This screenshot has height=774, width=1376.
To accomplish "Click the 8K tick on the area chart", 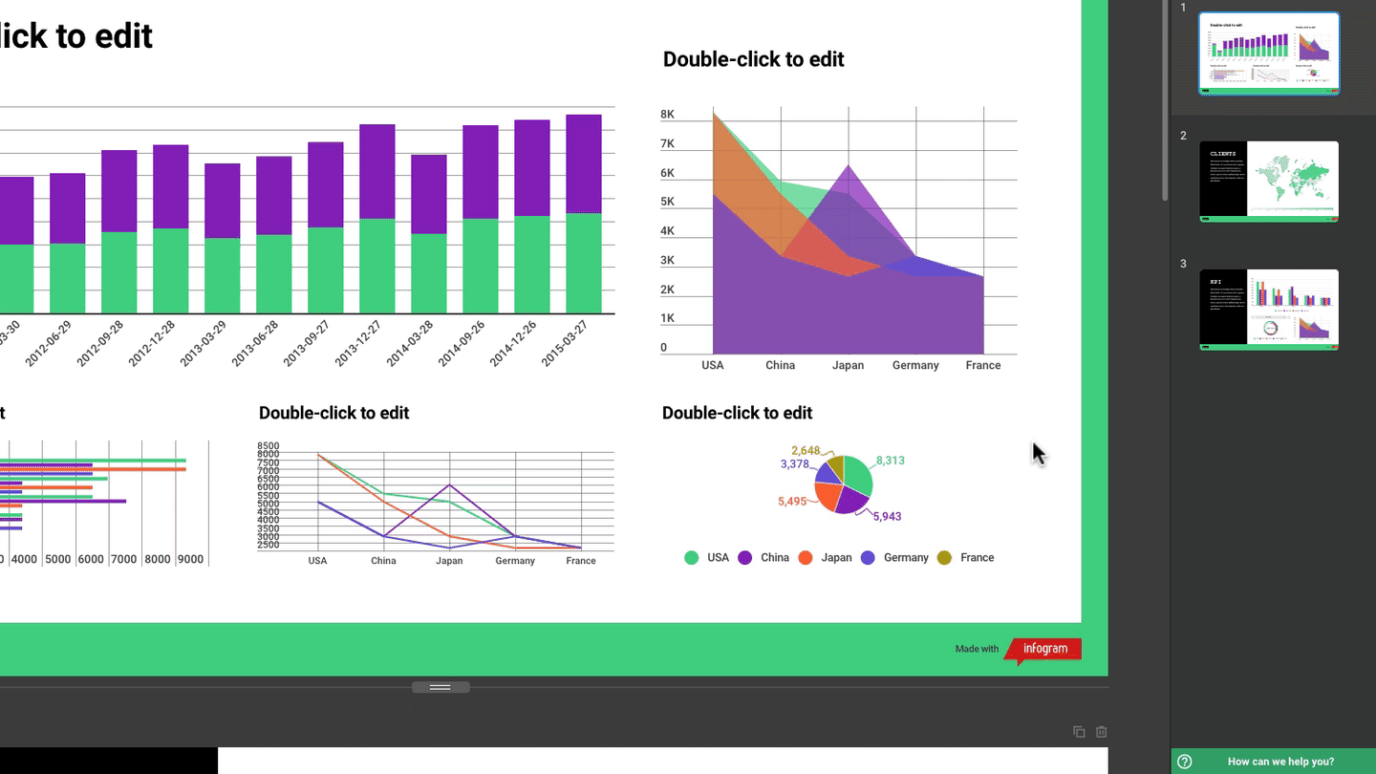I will tap(667, 115).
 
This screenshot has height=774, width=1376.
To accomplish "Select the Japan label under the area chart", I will tap(848, 365).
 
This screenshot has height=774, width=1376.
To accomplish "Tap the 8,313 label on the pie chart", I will tap(890, 461).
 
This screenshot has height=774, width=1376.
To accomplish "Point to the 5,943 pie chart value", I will tap(887, 517).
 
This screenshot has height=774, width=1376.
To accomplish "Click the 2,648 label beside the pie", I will tap(806, 451).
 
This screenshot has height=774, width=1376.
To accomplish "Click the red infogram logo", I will tap(1044, 649).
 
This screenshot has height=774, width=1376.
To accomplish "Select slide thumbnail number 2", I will tap(1269, 182).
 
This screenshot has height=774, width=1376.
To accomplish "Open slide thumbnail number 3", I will tap(1269, 310).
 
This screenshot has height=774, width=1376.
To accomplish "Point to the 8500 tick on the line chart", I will tap(268, 446).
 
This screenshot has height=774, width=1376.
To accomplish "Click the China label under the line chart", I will tap(383, 561).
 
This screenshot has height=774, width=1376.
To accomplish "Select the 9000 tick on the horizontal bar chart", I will tap(190, 560).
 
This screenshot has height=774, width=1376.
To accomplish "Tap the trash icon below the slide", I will tap(1102, 732).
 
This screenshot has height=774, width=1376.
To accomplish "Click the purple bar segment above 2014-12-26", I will tap(532, 167).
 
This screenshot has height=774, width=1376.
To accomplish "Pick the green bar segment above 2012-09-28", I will tap(118, 272).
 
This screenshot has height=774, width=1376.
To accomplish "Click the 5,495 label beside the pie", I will tap(792, 502).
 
